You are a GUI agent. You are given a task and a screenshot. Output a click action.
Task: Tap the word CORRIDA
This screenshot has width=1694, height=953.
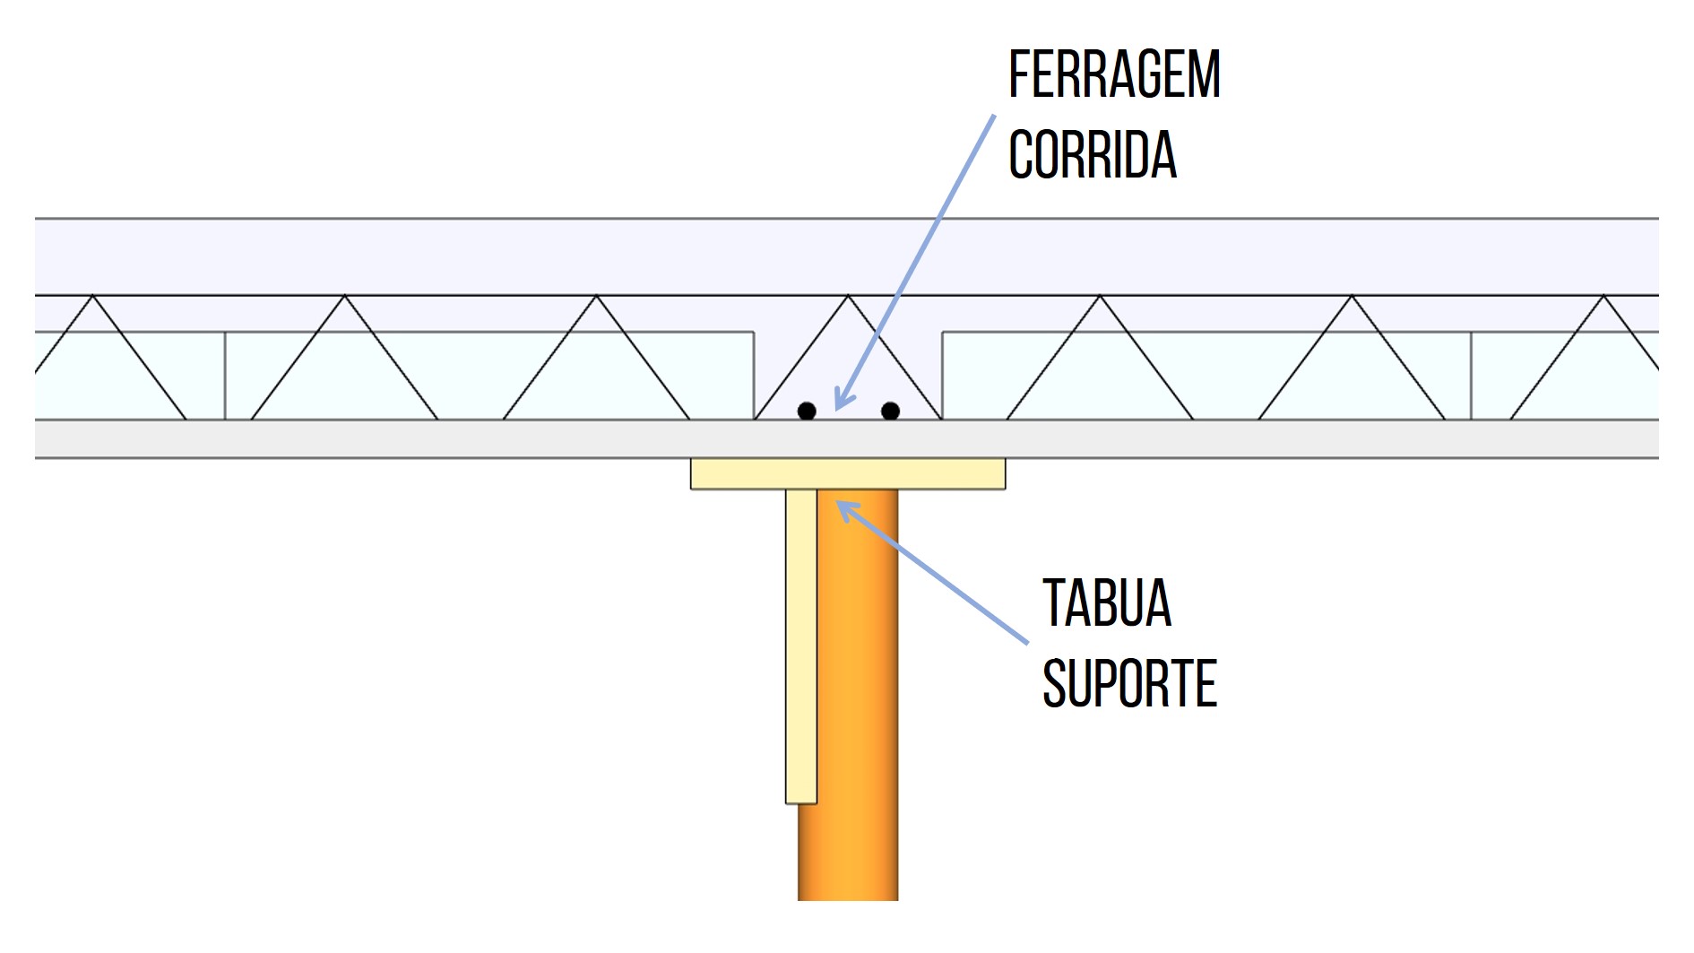1092,155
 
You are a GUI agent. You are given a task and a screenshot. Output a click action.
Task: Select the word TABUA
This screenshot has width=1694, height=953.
1107,602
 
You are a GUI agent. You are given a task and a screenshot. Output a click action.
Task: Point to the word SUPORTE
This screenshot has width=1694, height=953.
1129,684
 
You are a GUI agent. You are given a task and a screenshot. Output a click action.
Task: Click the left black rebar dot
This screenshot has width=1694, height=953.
807,411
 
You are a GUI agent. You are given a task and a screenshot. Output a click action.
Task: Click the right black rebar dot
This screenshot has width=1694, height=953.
890,411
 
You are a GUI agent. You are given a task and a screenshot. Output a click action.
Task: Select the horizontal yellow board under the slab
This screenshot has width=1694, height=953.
847,473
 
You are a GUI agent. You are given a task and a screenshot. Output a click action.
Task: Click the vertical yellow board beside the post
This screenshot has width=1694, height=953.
801,645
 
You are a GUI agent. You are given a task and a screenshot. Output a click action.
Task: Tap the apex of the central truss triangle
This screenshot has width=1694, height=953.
848,296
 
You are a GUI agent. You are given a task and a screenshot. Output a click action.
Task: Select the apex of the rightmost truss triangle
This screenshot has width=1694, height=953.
1603,297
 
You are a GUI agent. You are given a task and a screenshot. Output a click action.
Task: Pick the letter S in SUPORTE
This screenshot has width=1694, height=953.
1053,684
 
